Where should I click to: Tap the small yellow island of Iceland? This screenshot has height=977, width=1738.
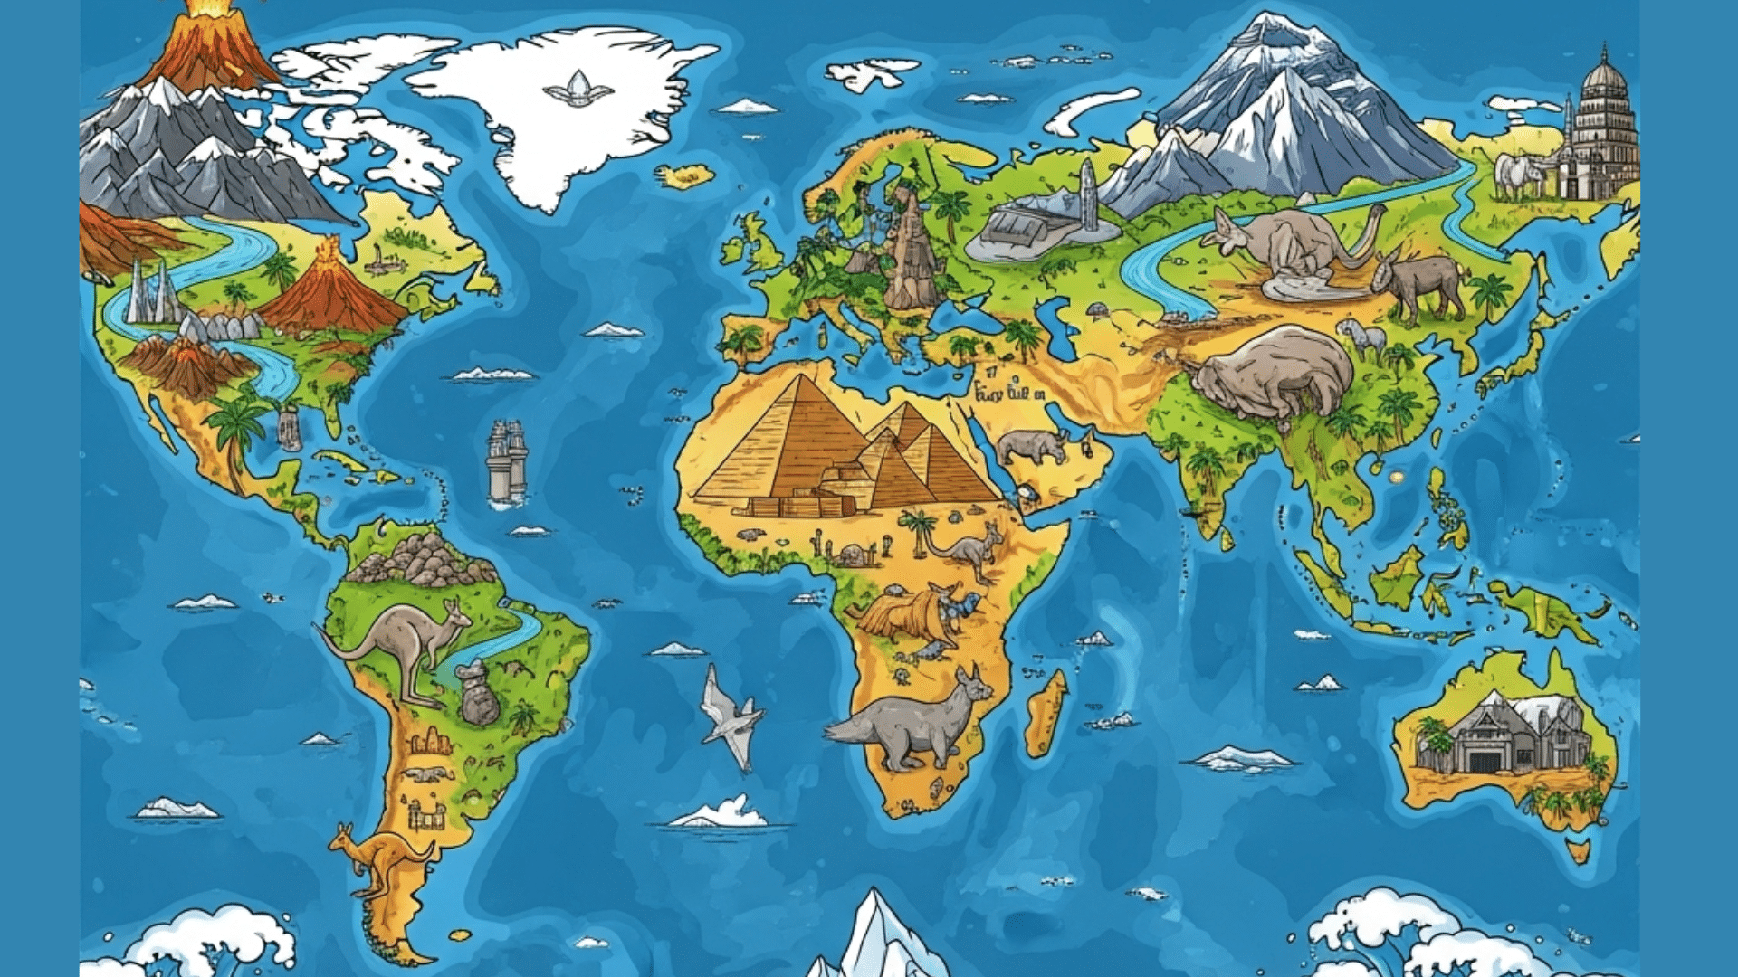[x=685, y=175]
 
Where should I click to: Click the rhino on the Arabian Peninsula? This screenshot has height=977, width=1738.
[x=1032, y=446]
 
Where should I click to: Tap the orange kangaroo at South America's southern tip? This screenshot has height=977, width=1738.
[x=380, y=859]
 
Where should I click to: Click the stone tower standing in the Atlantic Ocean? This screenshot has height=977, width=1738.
[x=506, y=461]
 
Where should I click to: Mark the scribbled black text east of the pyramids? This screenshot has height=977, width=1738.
[x=1009, y=394]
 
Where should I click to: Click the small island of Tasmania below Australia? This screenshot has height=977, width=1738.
[x=1578, y=850]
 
